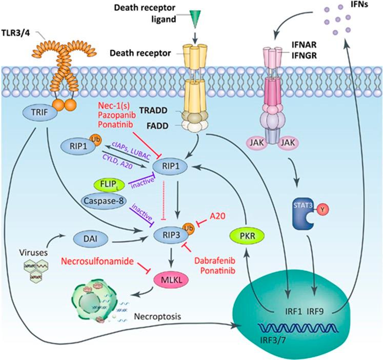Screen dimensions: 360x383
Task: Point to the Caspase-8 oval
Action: pyautogui.click(x=106, y=201)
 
